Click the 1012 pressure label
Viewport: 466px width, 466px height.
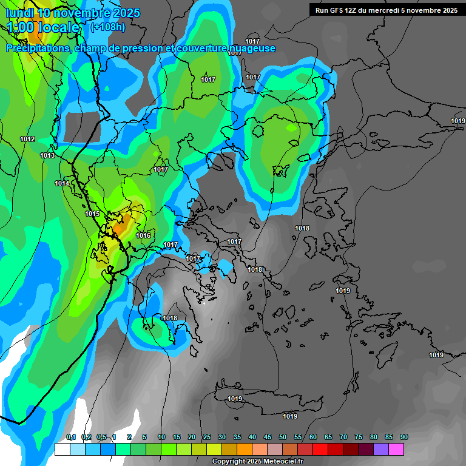tap(27, 140)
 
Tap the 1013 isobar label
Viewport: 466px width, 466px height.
tap(47, 156)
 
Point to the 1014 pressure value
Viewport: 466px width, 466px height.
tap(62, 184)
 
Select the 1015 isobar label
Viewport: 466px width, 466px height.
tap(92, 214)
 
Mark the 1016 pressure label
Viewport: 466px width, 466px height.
tap(143, 236)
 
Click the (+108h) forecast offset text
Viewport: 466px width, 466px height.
tap(108, 27)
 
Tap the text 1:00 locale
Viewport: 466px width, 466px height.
tap(43, 27)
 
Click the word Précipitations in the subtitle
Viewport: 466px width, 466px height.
tap(38, 49)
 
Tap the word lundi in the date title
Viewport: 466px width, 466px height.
tap(19, 12)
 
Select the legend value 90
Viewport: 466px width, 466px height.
tap(404, 437)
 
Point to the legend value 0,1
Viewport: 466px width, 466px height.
tap(70, 437)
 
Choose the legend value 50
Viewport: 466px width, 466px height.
tap(283, 437)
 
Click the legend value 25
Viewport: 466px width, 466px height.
tap(207, 437)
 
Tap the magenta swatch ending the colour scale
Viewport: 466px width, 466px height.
tap(396, 449)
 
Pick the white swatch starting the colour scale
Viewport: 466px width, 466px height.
tap(62, 449)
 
